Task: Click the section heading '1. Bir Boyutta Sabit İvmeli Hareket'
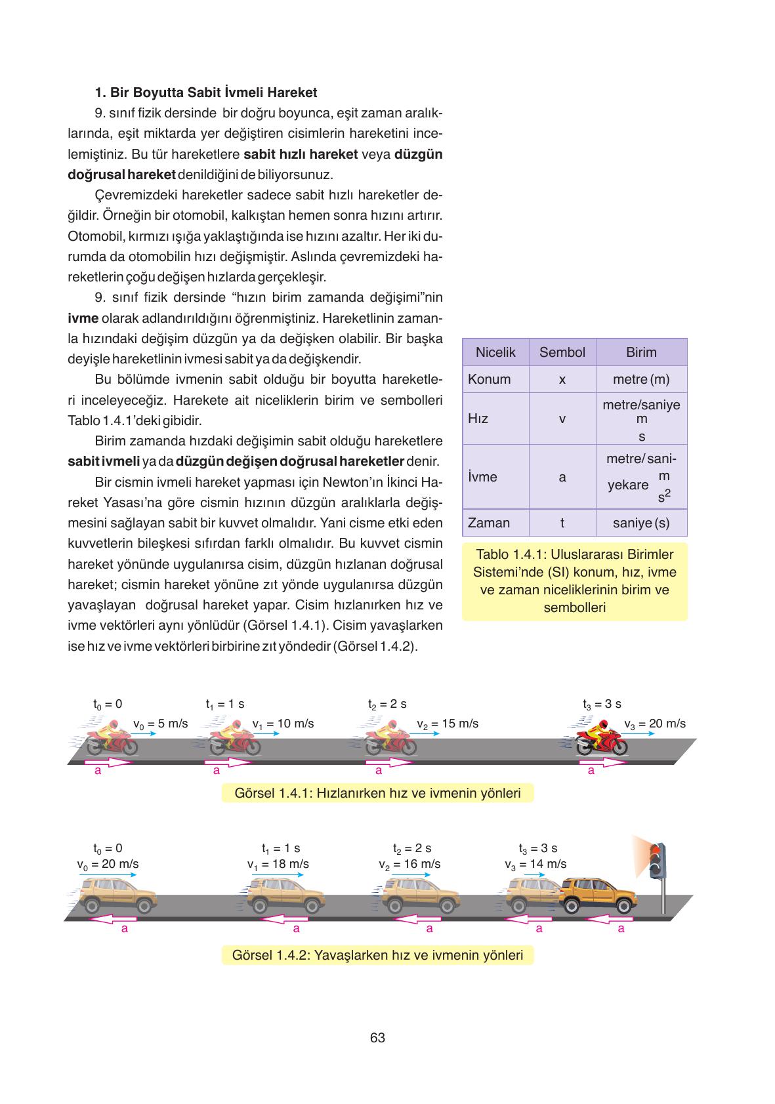tap(206, 92)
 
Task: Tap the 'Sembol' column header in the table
tap(562, 352)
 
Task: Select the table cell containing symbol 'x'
tap(562, 379)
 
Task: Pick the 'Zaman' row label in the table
tap(489, 523)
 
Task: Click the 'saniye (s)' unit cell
tap(641, 523)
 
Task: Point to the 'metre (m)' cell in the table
tap(641, 379)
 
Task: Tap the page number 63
tap(377, 1037)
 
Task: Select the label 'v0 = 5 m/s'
tap(160, 724)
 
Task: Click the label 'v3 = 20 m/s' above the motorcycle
tap(654, 724)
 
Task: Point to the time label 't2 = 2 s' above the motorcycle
tap(387, 704)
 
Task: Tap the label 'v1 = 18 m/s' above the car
tap(278, 864)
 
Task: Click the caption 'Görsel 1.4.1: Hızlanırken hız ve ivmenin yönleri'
tap(377, 793)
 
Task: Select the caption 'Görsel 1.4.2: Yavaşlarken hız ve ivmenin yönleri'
tap(377, 954)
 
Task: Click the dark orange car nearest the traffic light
tap(599, 895)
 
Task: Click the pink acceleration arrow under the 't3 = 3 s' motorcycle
tap(602, 762)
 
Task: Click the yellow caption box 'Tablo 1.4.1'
tap(574, 581)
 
